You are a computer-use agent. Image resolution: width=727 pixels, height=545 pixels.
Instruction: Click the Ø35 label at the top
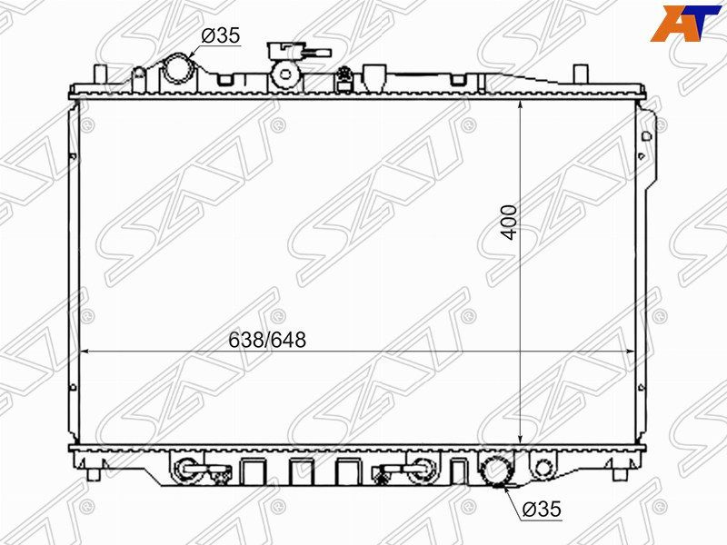(x=221, y=35)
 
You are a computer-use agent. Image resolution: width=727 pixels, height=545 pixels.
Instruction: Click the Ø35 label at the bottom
(x=542, y=509)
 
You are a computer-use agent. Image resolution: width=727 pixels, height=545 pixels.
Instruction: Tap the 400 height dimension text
(x=509, y=223)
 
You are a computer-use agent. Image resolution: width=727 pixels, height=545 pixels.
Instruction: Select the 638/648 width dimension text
(x=267, y=340)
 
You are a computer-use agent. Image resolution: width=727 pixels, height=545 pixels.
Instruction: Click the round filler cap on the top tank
(x=284, y=74)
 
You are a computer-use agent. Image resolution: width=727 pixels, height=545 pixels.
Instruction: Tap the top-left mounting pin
(x=101, y=75)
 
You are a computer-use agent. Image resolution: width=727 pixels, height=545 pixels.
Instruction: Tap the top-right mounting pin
(x=581, y=74)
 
